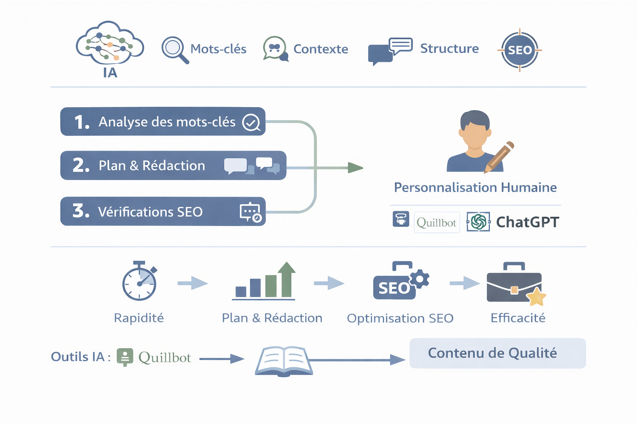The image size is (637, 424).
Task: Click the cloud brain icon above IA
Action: (x=110, y=43)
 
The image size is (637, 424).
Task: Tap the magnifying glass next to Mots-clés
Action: (x=174, y=49)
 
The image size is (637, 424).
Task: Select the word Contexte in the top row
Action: (x=321, y=49)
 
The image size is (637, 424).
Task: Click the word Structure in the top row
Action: (x=449, y=48)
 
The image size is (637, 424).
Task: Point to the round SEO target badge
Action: (x=520, y=50)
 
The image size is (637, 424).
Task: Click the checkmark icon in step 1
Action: (x=251, y=123)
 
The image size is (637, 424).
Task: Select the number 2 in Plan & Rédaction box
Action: (x=80, y=165)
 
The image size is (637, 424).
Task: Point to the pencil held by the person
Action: (x=500, y=157)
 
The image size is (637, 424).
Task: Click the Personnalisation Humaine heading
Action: (x=475, y=188)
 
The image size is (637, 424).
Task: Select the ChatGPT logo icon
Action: (x=478, y=222)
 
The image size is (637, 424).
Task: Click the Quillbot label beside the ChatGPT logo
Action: (x=437, y=223)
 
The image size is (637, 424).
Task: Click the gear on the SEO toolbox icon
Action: (x=420, y=279)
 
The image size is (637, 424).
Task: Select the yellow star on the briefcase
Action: (x=536, y=296)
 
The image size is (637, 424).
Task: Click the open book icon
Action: (x=284, y=361)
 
